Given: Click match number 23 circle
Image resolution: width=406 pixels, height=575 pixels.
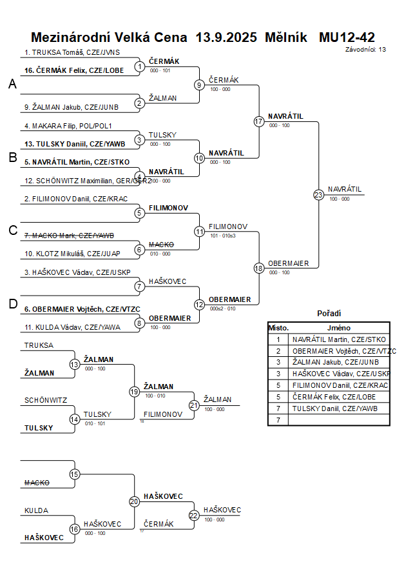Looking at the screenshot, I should pyautogui.click(x=318, y=194).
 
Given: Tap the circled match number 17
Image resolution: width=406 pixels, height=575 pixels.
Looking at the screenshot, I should pyautogui.click(x=259, y=121).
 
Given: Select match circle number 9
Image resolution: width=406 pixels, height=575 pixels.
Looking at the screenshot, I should pyautogui.click(x=199, y=85).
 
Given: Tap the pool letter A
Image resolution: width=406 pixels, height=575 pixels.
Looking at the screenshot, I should pyautogui.click(x=12, y=84).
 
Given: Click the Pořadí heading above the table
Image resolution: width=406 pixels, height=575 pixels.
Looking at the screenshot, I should pyautogui.click(x=329, y=314).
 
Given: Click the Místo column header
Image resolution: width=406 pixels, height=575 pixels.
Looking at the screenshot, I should pyautogui.click(x=278, y=328).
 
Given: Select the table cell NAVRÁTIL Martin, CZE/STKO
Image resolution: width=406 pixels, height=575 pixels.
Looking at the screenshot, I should pyautogui.click(x=339, y=339).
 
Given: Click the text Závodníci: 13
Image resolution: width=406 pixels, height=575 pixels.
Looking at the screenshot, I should pyautogui.click(x=365, y=49).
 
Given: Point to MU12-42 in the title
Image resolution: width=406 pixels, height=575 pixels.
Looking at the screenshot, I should pyautogui.click(x=347, y=37).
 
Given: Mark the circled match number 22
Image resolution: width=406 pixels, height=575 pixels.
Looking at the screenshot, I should pyautogui.click(x=193, y=516).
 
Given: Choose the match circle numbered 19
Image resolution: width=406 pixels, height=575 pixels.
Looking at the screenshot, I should pyautogui.click(x=134, y=391).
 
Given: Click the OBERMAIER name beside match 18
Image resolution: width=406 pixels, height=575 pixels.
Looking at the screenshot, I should pyautogui.click(x=289, y=263).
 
